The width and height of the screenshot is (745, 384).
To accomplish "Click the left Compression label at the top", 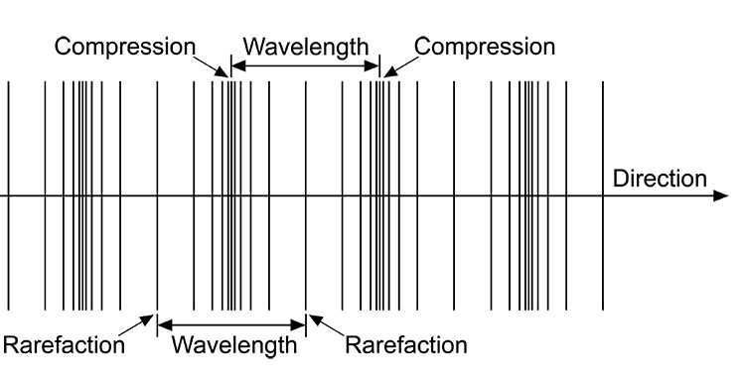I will (x=125, y=47).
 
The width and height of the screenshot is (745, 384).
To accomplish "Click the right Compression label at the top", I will (x=485, y=47).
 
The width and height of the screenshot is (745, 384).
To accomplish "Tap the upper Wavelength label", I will (x=306, y=47).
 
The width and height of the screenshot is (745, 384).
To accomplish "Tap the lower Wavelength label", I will (x=233, y=345).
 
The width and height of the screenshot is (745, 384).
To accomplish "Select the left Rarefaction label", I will (x=65, y=345).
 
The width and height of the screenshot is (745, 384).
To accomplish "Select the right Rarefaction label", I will (x=406, y=345).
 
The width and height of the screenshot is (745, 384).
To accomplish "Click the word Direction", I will (x=660, y=179).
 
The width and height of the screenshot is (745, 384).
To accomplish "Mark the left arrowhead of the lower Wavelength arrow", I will (x=164, y=323).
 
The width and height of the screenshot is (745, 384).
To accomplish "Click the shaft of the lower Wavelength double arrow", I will (x=231, y=323).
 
